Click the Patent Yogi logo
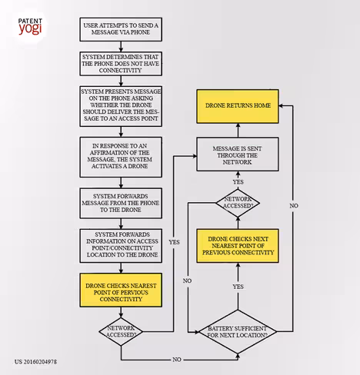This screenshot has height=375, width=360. tap(30, 26)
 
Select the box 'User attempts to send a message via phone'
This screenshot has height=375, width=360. tap(121, 29)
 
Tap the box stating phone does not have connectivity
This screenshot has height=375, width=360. tap(121, 64)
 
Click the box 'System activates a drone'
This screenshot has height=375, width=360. tap(121, 157)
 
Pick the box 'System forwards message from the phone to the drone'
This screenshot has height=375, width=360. tap(121, 203)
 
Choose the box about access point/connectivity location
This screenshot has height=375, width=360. tap(121, 246)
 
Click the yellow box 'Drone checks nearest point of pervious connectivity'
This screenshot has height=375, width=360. tap(121, 290)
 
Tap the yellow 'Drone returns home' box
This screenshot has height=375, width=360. tap(238, 106)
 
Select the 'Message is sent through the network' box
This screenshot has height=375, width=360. tap(238, 154)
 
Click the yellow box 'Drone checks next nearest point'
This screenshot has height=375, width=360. tap(238, 246)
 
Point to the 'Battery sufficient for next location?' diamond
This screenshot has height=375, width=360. tap(238, 332)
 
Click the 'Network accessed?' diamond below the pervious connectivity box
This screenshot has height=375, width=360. tap(121, 332)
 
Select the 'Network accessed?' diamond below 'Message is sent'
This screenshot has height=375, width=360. tap(238, 203)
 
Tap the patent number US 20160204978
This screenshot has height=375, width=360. tap(35, 362)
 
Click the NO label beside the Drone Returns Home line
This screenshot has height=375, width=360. tap(294, 206)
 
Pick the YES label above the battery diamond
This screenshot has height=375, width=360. tap(238, 287)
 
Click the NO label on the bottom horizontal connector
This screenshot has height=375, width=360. tap(177, 360)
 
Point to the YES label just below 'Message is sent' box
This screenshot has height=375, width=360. tap(238, 182)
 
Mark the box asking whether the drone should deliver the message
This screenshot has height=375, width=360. tap(121, 106)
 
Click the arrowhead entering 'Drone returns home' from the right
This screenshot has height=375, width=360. tap(281, 105)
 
